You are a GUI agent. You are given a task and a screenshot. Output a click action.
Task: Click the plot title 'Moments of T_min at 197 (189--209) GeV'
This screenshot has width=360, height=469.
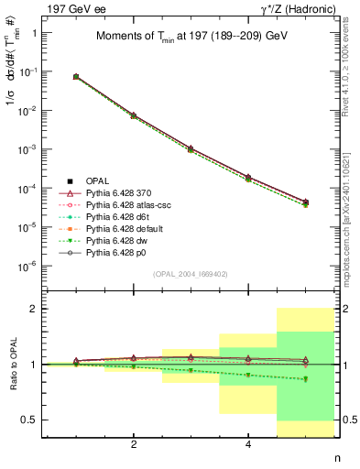coord(192,37)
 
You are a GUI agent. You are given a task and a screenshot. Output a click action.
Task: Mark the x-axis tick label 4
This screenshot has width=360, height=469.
coord(248,444)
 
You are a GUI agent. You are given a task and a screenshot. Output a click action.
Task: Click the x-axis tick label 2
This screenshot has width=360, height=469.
coord(134,444)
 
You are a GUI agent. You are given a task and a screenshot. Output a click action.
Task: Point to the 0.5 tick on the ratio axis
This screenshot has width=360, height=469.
coord(28,420)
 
